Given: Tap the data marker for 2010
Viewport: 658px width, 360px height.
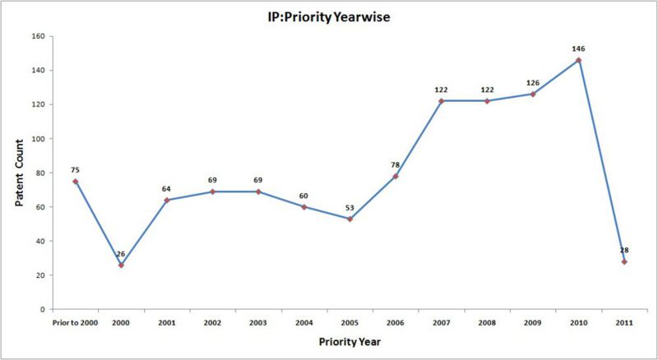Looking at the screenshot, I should point(578,60).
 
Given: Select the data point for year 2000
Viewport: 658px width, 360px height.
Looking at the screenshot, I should point(121,265).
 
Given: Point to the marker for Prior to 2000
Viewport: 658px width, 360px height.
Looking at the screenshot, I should point(75,181).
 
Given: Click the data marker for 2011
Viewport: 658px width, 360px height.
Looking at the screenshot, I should point(624,261).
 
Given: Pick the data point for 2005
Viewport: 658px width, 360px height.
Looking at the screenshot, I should point(350,219).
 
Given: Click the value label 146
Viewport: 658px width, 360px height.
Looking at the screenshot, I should point(578,48).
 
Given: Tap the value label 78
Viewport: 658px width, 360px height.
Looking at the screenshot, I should point(395,164).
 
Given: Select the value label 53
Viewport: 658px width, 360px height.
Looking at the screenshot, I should point(350,207).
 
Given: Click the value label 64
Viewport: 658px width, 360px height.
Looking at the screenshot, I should point(166,188).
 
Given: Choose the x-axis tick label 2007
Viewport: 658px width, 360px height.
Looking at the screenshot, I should point(441,323).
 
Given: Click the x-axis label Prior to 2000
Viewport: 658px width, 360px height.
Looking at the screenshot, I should point(74,323).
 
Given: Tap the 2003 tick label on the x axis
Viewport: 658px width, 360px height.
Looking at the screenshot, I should point(258,323).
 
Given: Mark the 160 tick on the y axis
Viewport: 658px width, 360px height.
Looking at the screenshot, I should point(37,36).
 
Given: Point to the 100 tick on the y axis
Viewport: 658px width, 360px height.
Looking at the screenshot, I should point(37,139).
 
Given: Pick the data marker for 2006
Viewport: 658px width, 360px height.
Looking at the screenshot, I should point(395,176).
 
